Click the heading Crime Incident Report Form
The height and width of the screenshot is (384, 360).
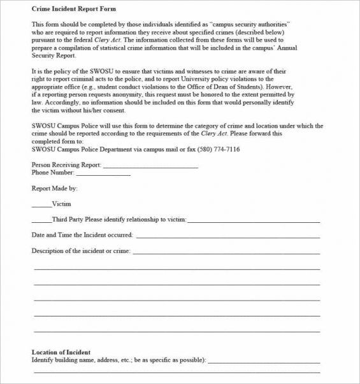point(74,10)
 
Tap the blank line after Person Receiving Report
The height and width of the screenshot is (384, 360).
point(150,167)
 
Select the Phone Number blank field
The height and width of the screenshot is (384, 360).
point(103,174)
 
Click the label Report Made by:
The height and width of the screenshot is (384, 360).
point(54,188)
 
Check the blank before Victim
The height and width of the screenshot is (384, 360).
point(41,206)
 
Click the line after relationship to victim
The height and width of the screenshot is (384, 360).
point(253,221)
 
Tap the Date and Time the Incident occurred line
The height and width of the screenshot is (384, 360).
point(227,237)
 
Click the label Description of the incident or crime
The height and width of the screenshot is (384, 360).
point(81,251)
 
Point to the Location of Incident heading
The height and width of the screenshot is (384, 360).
point(61,352)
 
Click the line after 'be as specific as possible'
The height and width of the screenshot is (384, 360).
point(264,362)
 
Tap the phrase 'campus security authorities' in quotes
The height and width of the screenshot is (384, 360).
point(250,24)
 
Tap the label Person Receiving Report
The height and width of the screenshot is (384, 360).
point(66,165)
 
